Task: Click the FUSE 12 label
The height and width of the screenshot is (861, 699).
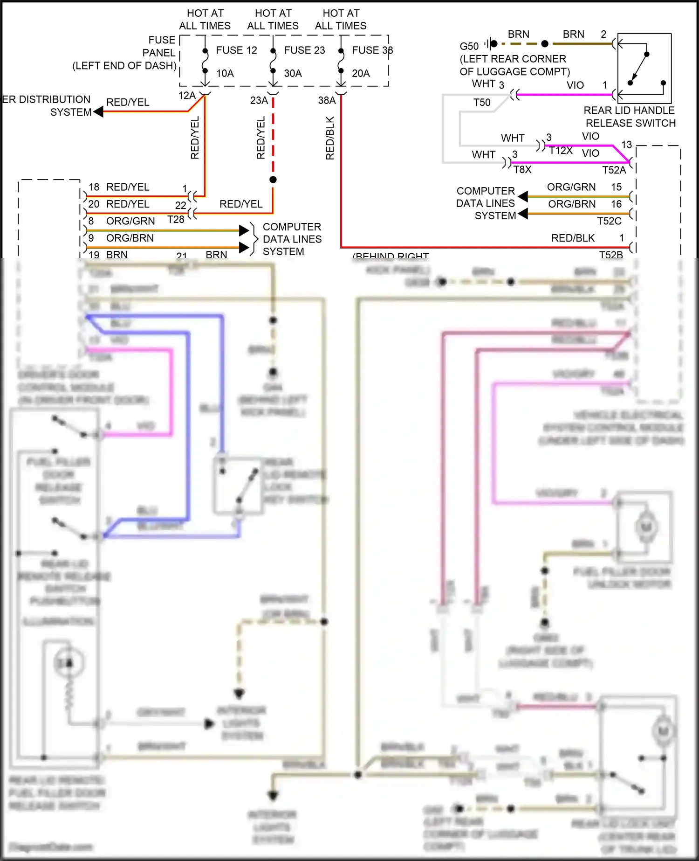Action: pos(236,50)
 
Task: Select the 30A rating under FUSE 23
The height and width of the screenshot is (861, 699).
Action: pos(293,74)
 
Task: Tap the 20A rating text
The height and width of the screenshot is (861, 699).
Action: pos(361,74)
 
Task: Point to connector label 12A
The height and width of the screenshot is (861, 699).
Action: pos(187,96)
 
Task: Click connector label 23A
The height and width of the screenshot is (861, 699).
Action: pos(259,100)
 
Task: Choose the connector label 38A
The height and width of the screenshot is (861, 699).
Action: pos(327,100)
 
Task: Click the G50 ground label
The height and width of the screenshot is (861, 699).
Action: pos(469,46)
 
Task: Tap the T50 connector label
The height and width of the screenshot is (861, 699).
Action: pos(482,103)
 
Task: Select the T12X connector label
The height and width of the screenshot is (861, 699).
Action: pos(561,151)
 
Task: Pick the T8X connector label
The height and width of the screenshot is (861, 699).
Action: pos(522,170)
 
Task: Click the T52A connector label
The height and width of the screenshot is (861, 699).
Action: pos(614,170)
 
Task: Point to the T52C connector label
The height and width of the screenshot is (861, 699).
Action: pos(609,221)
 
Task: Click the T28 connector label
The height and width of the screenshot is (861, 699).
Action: pos(176,220)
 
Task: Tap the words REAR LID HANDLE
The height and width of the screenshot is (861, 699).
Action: pos(629,111)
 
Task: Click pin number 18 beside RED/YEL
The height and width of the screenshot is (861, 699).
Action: pos(94,187)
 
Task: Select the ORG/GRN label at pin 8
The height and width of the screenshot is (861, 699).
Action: pos(130,221)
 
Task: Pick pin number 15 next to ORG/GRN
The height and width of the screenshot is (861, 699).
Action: pos(616,187)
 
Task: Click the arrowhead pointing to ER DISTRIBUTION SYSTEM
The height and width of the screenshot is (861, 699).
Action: pos(98,112)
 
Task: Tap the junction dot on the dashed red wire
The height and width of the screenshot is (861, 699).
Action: pos(273,180)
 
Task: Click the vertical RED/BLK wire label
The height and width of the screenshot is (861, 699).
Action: pos(330,138)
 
